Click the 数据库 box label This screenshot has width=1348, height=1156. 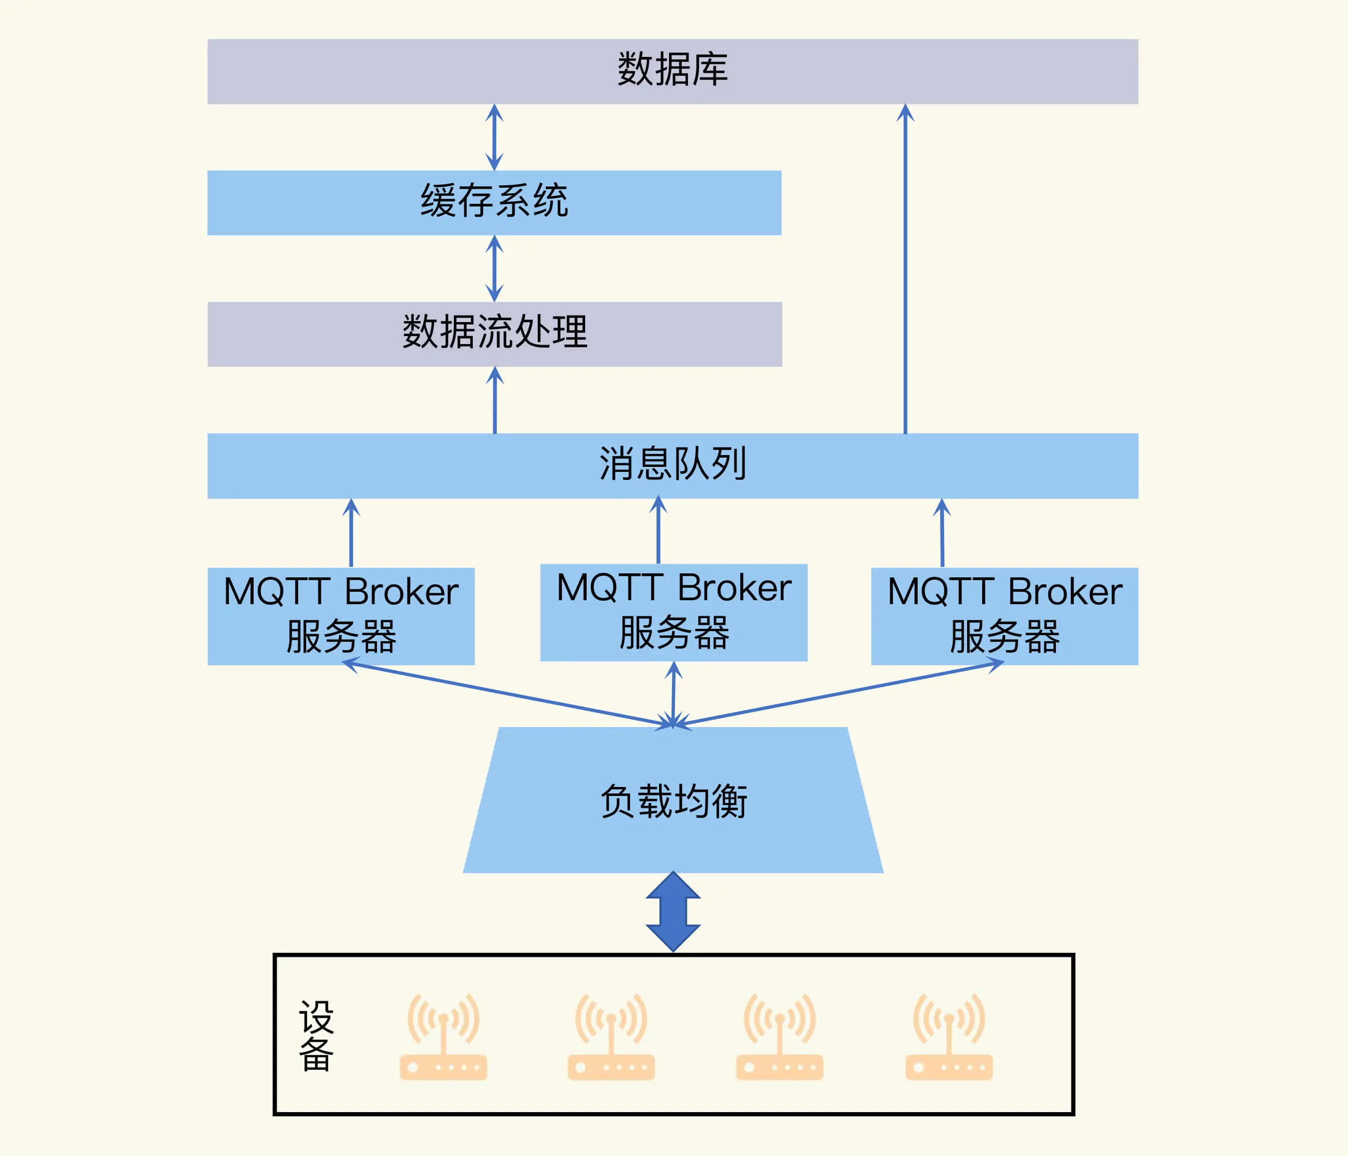tap(672, 69)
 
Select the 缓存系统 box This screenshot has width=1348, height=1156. tap(494, 202)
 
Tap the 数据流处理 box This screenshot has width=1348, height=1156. tap(494, 334)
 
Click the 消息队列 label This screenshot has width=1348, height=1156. tap(672, 465)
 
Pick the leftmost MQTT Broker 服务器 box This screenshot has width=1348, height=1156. tap(341, 615)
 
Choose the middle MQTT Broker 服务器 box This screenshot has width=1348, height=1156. tap(674, 612)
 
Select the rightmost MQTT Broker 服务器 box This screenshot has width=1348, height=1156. tap(1005, 615)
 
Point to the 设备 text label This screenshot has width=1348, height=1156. tap(316, 1035)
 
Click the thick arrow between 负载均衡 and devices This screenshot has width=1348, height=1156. tap(674, 911)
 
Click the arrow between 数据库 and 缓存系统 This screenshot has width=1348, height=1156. tap(494, 137)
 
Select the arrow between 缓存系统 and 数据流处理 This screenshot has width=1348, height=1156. tap(494, 268)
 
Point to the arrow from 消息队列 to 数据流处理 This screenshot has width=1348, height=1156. tap(495, 400)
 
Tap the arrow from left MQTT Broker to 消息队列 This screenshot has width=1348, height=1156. tap(351, 533)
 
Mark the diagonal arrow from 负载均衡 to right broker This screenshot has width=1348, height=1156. tap(839, 694)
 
